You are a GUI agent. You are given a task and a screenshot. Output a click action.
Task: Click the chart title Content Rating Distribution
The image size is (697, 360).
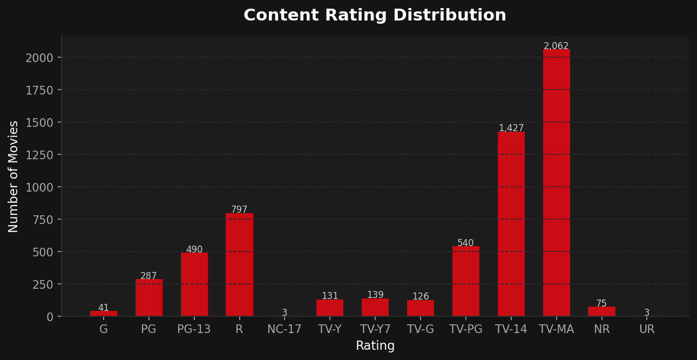point(375,15)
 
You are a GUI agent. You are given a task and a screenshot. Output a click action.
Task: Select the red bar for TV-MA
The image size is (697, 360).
point(556,184)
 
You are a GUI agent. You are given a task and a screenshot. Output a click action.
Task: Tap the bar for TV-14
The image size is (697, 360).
point(511,224)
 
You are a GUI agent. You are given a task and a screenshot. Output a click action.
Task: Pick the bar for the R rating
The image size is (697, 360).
point(239,264)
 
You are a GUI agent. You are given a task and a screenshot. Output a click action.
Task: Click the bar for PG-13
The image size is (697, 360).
point(194,284)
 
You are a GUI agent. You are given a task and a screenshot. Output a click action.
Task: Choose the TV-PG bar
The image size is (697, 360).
point(465,281)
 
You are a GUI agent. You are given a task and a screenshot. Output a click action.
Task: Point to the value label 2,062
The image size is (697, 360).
point(556,46)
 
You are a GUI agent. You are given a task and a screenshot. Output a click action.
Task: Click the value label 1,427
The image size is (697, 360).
point(511,128)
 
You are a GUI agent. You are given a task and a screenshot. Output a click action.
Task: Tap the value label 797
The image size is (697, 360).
point(239,210)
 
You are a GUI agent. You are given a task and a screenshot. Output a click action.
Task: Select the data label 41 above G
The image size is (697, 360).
point(103,308)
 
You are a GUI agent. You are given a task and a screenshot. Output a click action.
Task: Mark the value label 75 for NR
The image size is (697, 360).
point(601,304)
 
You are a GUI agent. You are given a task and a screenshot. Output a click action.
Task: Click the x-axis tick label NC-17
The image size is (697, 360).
point(285,329)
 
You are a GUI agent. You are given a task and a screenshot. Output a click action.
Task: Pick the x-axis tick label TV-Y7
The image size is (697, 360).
point(375,329)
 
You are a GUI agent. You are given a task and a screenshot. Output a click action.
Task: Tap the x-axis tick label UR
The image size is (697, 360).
point(647,329)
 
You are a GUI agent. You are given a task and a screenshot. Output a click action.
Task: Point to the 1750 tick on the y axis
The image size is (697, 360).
point(39,90)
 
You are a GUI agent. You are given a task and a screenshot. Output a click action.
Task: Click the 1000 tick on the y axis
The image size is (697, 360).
point(39,187)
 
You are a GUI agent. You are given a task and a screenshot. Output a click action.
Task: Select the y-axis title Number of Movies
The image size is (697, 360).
point(13,176)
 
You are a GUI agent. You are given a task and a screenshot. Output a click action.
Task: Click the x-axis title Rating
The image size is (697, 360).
point(375,346)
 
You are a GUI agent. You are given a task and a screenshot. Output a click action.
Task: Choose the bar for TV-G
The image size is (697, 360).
point(420,308)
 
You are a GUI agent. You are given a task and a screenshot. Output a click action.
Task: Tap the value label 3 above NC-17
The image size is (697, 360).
point(285,313)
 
